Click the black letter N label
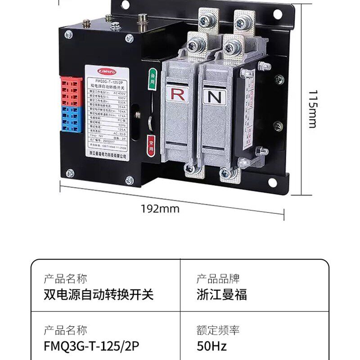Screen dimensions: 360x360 click(213, 96)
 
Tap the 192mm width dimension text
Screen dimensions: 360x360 click(160, 208)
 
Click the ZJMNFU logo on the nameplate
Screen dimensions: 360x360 click(107, 70)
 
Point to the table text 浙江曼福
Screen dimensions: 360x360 click(222, 295)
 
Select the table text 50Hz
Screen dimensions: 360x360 click(211, 346)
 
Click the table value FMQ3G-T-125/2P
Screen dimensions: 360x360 click(91, 346)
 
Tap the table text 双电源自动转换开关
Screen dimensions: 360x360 click(99, 295)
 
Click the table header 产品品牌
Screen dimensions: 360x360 click(218, 279)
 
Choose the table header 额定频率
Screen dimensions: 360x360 click(218, 330)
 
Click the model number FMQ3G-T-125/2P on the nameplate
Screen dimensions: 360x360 click(107, 77)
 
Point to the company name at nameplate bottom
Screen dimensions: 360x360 click(107, 155)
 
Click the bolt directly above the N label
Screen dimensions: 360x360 click(233, 47)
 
